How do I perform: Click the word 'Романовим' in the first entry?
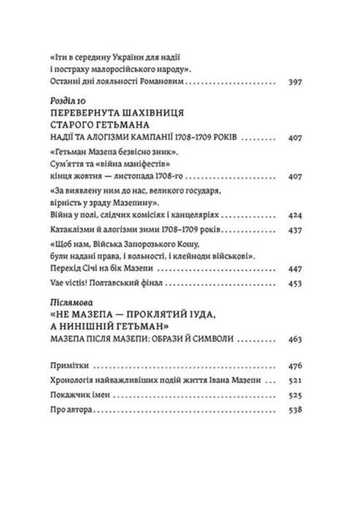[x=159, y=84]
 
